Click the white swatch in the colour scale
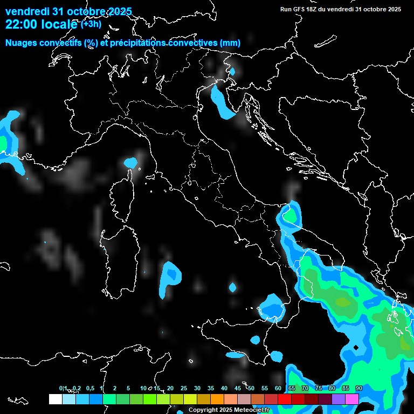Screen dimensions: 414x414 [56, 399]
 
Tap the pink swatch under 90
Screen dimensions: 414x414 [352, 399]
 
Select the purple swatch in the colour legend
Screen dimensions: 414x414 [339, 399]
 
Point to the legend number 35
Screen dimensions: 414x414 [211, 388]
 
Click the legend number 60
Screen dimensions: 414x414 [278, 388]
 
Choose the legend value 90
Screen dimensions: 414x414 [358, 388]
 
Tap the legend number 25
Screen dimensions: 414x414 [184, 388]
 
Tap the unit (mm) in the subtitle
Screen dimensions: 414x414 [230, 43]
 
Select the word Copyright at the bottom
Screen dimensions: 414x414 [203, 410]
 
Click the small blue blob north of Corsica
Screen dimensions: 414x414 [130, 162]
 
